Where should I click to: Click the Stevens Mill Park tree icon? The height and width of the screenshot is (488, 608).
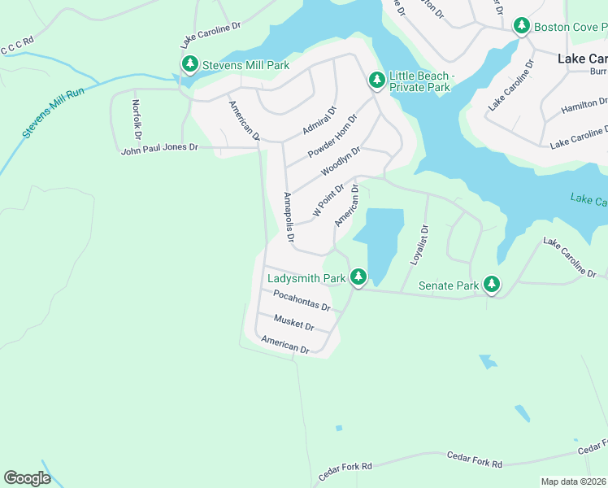tap(189, 63)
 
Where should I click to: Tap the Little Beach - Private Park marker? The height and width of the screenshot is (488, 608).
tap(376, 80)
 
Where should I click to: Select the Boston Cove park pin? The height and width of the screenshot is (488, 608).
tap(522, 27)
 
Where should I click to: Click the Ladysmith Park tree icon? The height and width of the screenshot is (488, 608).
tap(358, 277)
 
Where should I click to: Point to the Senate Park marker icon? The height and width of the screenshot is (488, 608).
tap(491, 285)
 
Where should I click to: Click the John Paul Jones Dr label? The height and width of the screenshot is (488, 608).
tap(159, 148)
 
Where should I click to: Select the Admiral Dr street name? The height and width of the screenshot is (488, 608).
tap(319, 120)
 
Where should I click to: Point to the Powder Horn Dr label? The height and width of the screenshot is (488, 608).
tap(333, 137)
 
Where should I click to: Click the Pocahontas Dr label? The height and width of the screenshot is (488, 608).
tap(302, 301)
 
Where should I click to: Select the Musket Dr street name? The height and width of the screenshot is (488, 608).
tap(293, 322)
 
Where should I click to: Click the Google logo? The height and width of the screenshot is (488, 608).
tap(27, 477)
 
